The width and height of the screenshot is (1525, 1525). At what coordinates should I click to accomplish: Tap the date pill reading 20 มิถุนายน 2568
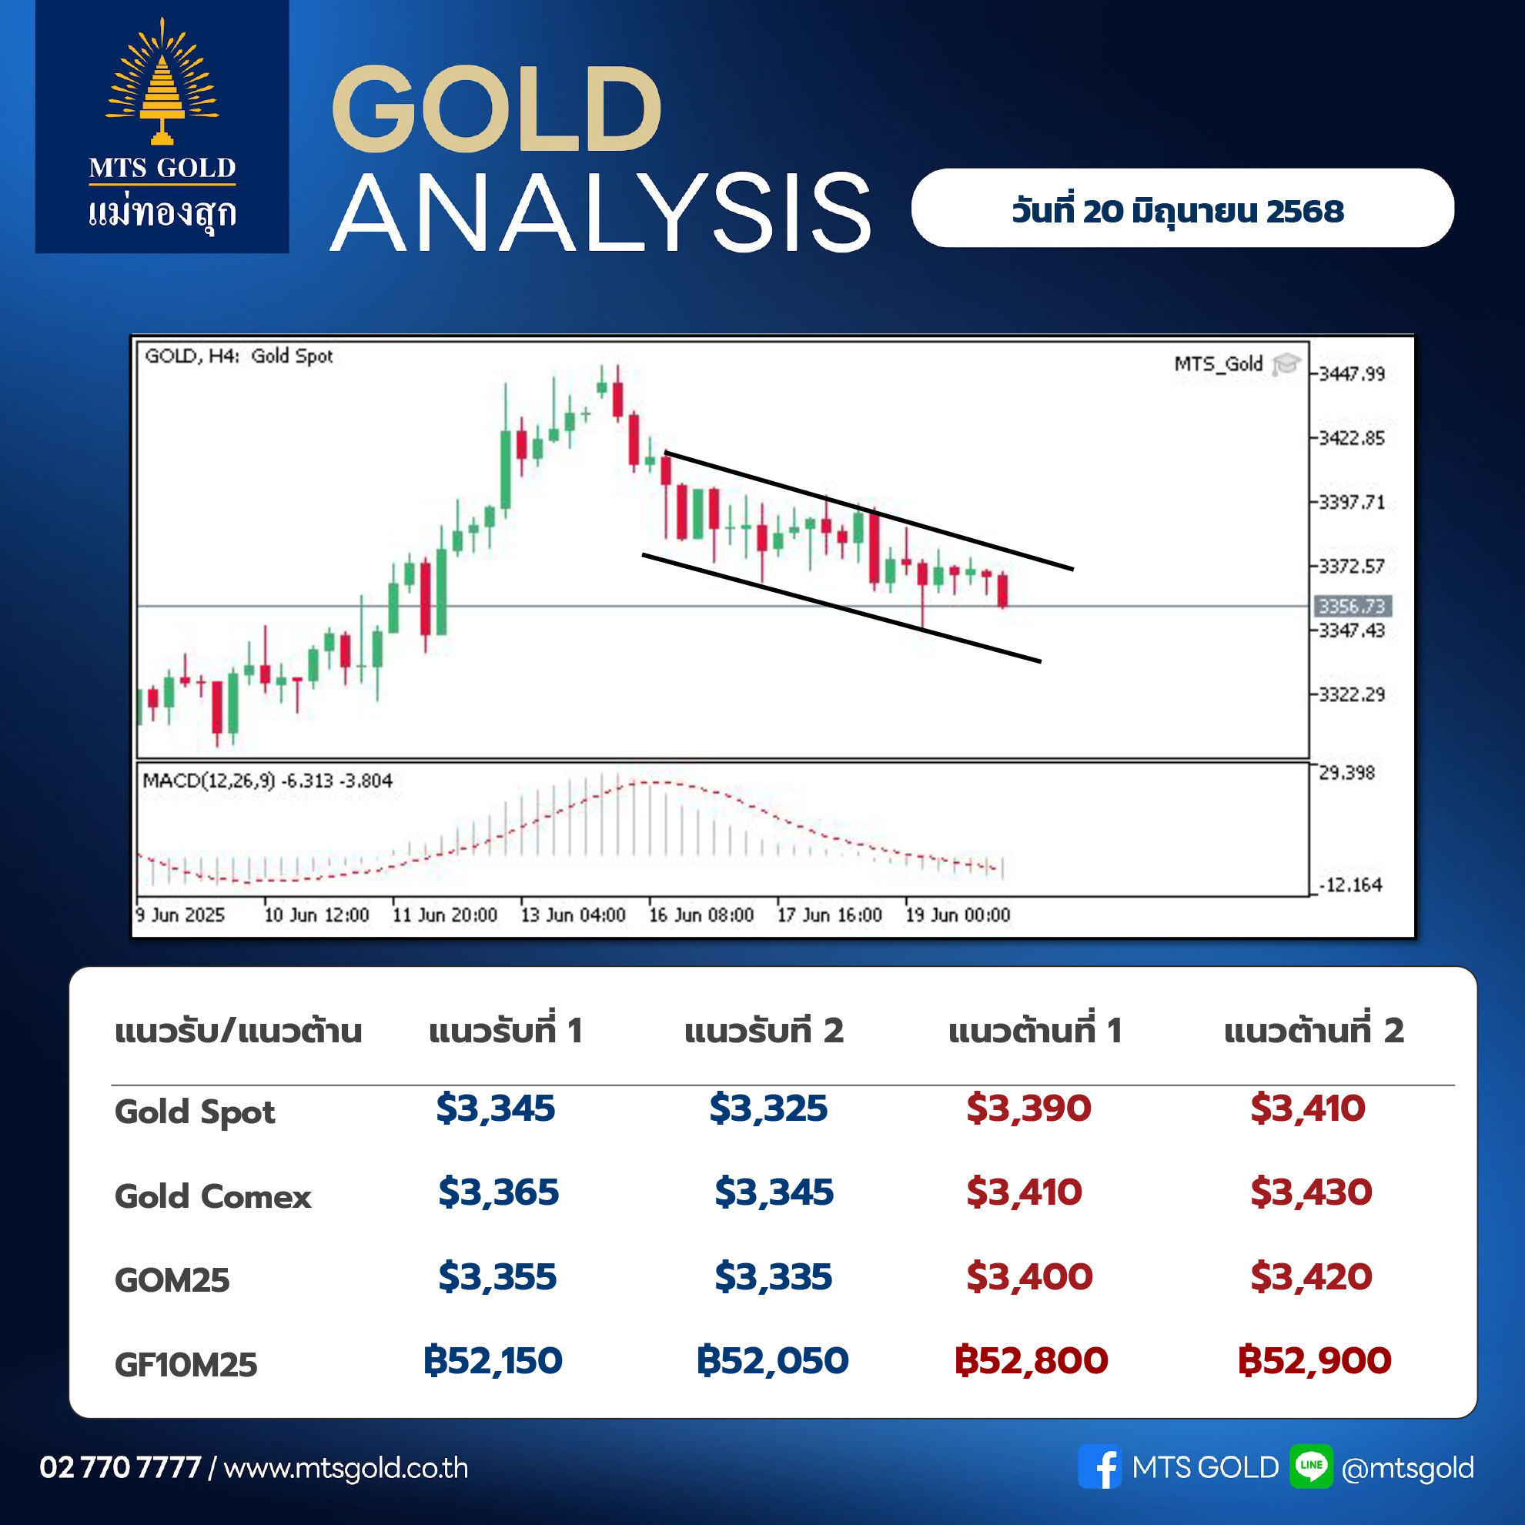point(1182,208)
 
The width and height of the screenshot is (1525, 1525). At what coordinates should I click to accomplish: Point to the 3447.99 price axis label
point(1351,373)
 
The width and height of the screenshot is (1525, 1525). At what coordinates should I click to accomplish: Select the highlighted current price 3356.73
point(1352,606)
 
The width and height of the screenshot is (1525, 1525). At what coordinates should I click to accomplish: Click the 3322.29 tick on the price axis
point(1351,694)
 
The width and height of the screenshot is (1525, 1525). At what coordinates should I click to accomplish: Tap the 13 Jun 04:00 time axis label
point(573,915)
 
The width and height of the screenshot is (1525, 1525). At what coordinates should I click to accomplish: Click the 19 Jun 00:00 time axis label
point(958,915)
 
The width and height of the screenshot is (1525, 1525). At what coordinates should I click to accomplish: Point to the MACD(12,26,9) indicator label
point(209,781)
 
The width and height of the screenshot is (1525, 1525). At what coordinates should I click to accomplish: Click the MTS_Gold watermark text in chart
point(1218,364)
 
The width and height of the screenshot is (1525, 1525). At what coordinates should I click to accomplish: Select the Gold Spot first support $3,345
point(496,1109)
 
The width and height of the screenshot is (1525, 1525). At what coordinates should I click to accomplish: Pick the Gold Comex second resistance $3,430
point(1311,1192)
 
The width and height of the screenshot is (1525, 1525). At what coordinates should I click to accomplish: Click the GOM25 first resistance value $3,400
point(1029,1276)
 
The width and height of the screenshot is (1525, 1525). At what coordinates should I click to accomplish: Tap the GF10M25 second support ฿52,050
point(772,1361)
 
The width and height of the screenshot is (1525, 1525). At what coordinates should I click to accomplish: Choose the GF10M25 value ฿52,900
point(1314,1361)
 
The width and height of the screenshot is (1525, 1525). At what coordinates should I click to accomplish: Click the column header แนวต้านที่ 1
point(1035,1030)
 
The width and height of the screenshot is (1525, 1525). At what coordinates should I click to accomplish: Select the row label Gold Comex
point(213,1196)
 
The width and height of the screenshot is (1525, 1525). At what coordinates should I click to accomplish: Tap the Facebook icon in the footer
point(1099,1466)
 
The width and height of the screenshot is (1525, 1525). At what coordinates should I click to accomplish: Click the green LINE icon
point(1311,1466)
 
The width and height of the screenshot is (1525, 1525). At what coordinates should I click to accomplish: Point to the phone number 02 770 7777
point(121,1467)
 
